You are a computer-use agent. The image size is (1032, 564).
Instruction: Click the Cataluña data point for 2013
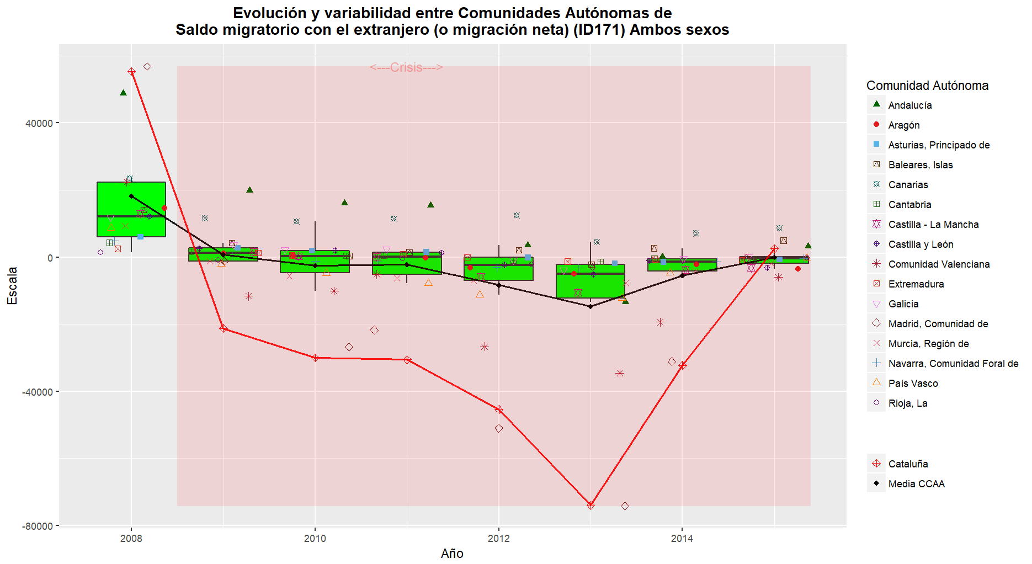coord(591,505)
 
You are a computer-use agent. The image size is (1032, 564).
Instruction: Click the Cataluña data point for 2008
coord(131,72)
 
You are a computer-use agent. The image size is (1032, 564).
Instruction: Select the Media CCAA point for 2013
coord(591,306)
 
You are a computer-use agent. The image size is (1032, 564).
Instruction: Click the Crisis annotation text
coord(406,67)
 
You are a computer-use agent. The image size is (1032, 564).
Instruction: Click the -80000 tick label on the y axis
coord(37,526)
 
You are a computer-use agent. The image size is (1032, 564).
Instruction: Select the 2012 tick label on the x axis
coord(498,539)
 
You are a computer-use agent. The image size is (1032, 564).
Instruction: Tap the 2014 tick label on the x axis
coord(682,539)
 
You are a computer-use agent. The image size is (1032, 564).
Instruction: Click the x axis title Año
coord(452,554)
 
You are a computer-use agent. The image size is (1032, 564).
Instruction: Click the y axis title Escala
coord(12,285)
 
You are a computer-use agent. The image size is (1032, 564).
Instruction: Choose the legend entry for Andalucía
coord(909,105)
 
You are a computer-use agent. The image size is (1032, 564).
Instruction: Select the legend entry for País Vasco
coord(913,384)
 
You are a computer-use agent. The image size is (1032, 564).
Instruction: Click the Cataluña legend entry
coord(908,464)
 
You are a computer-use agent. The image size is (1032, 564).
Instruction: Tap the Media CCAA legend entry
coord(916,484)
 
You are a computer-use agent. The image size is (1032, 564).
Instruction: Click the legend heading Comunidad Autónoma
coord(927,86)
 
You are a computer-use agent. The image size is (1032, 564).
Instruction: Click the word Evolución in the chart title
coord(269,13)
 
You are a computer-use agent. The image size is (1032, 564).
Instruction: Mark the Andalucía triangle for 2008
coord(123,93)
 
